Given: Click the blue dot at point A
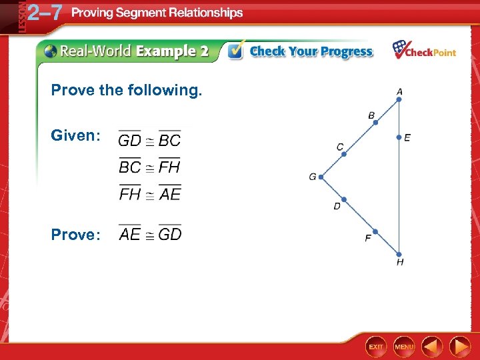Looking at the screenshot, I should pyautogui.click(x=399, y=99).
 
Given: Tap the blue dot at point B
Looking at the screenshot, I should pyautogui.click(x=375, y=123).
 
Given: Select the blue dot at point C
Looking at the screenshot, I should pyautogui.click(x=344, y=154).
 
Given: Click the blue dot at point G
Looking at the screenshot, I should pyautogui.click(x=321, y=177).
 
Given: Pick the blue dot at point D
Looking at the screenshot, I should pyautogui.click(x=344, y=199).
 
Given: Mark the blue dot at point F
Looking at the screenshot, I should pyautogui.click(x=375, y=231).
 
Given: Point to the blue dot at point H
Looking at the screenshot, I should pyautogui.click(x=399, y=254).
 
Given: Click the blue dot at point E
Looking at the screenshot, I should pyautogui.click(x=399, y=138).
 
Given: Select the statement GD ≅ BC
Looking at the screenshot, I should pyautogui.click(x=150, y=140).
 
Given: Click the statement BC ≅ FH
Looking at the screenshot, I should pyautogui.click(x=150, y=167).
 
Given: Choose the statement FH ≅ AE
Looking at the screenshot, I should pyautogui.click(x=150, y=193).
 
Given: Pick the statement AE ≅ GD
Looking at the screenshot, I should pyautogui.click(x=150, y=234).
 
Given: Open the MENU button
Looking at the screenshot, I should pyautogui.click(x=404, y=347).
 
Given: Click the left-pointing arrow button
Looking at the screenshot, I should pyautogui.click(x=433, y=347).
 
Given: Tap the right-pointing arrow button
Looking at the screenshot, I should pyautogui.click(x=460, y=347).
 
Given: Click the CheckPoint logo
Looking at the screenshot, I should pyautogui.click(x=424, y=51).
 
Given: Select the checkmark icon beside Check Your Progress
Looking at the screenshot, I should pyautogui.click(x=235, y=51).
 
